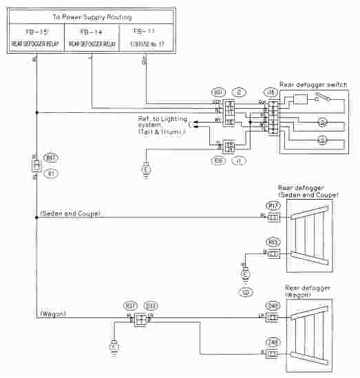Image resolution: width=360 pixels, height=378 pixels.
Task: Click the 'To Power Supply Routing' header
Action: [92, 16]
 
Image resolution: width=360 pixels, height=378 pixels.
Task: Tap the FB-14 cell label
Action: [91, 32]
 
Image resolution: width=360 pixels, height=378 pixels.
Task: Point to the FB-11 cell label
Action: [145, 32]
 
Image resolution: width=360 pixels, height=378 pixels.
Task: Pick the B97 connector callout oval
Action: [50, 157]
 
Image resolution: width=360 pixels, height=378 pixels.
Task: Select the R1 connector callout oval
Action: [50, 174]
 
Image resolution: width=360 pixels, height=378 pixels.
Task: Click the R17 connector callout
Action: [273, 204]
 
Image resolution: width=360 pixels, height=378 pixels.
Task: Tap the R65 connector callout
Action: [273, 242]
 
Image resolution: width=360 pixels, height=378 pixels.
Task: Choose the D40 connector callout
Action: [273, 306]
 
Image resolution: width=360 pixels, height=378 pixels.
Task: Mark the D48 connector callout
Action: [273, 339]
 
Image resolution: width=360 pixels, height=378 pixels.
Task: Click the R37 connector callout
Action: [130, 306]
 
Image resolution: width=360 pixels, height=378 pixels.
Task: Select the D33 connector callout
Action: [150, 306]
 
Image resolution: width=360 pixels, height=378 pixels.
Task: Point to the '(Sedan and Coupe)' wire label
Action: [70, 214]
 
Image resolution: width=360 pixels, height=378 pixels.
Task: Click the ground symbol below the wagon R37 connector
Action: [114, 348]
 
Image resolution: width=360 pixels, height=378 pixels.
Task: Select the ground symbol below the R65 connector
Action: [244, 275]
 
